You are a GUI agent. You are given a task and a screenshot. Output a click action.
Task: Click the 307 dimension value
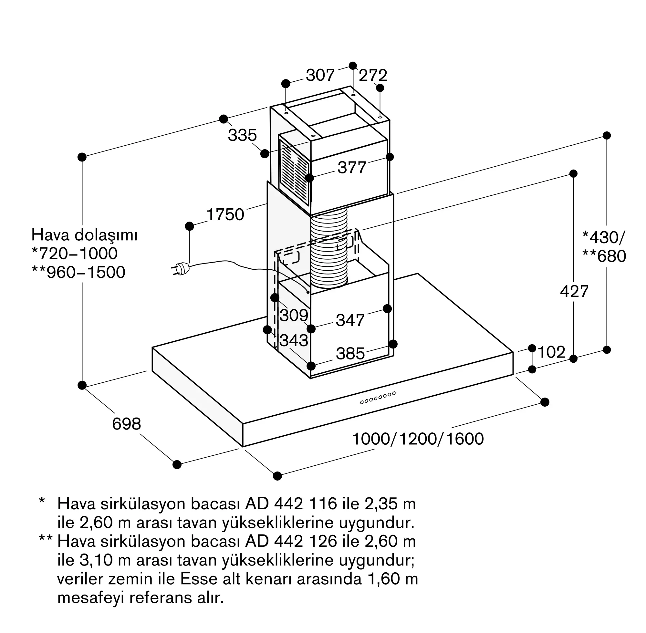tap(320, 75)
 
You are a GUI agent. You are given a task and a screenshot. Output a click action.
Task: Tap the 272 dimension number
tap(373, 76)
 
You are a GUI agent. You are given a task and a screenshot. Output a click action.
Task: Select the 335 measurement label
tap(242, 135)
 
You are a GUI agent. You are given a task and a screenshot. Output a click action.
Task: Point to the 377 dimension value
tap(352, 167)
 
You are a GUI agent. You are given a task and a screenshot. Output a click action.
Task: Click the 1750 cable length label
tap(225, 214)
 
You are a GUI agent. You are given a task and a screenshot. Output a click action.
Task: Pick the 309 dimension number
tap(294, 315)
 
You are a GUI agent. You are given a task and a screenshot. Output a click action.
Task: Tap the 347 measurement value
tap(350, 320)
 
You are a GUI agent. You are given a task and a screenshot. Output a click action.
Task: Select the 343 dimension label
tap(294, 340)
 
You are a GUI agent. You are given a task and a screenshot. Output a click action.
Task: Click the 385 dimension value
tap(350, 354)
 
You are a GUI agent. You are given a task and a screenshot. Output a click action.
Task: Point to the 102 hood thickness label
tap(551, 352)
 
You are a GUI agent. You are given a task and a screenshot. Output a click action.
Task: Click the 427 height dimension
tap(574, 291)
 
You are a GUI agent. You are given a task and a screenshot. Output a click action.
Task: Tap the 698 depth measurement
tap(126, 424)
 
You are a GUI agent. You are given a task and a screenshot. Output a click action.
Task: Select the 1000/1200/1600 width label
tap(418, 439)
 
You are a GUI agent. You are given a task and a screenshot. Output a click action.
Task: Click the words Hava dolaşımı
tap(84, 235)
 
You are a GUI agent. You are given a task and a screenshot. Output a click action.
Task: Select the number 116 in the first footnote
tap(322, 504)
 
